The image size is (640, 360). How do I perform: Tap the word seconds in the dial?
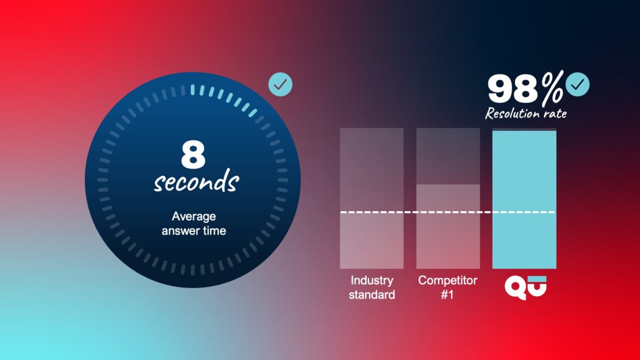click(196, 181)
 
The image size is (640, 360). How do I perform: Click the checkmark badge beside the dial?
click(280, 84)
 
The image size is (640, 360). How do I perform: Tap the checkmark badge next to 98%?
click(577, 84)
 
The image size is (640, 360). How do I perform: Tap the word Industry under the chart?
click(371, 281)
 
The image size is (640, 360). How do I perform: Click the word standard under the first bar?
click(371, 294)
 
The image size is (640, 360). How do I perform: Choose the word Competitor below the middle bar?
click(447, 281)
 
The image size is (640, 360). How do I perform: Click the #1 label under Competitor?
click(447, 294)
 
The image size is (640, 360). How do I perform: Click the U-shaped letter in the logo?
click(535, 287)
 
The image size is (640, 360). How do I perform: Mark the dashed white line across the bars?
click(447, 212)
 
